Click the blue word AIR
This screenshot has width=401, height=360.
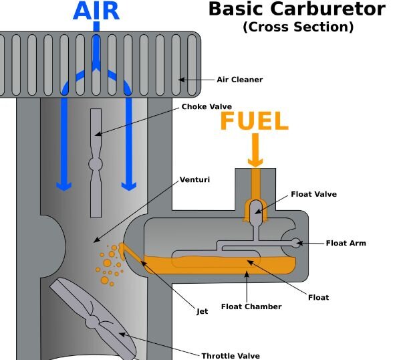tap(96, 11)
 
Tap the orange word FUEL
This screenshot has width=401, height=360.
tap(255, 121)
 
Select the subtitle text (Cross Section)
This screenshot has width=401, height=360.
tap(298, 27)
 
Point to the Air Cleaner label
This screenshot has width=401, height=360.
tap(240, 80)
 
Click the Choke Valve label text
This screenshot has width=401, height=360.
tap(207, 106)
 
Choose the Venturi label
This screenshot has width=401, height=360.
tap(194, 179)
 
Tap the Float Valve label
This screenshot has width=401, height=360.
tap(314, 194)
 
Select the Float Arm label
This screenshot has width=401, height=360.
tap(346, 243)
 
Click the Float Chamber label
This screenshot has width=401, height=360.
tap(251, 306)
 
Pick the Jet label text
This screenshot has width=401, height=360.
tap(202, 311)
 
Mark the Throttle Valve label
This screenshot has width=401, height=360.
tap(231, 356)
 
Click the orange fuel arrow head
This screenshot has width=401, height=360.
tap(255, 163)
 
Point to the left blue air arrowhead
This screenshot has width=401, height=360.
tap(63, 187)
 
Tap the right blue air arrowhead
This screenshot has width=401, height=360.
tap(129, 187)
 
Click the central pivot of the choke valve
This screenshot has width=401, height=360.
tap(96, 164)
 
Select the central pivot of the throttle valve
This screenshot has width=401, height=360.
tap(92, 322)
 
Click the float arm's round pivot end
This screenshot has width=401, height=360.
tap(296, 243)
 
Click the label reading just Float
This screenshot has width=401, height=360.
tap(318, 297)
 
